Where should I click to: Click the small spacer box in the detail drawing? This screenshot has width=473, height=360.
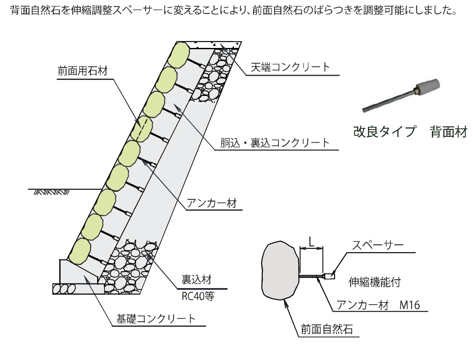pyautogui.click(x=329, y=276)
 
